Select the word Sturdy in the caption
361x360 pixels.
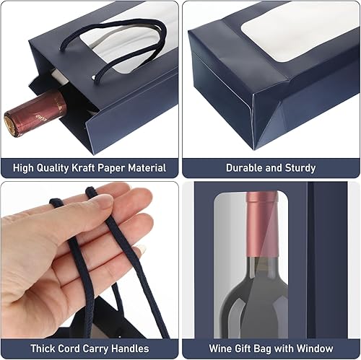click(298, 167)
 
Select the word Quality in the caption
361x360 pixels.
click(49, 167)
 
